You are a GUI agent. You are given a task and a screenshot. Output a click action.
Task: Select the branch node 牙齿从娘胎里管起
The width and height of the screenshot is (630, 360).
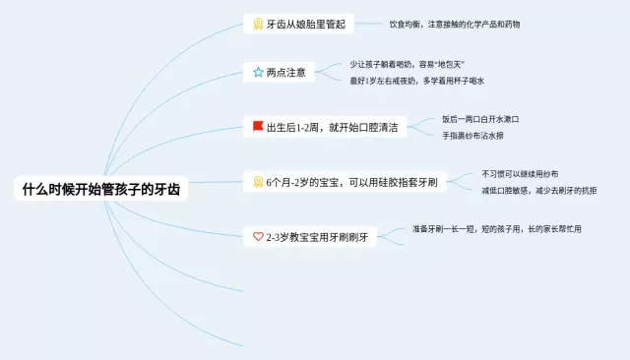(x=306, y=24)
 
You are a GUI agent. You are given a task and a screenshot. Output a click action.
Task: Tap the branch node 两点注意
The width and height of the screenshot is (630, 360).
(x=285, y=73)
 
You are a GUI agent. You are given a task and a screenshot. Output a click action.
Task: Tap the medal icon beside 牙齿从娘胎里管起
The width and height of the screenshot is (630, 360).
(x=258, y=24)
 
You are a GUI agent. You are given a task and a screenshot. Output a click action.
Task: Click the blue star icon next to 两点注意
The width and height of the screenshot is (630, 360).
(x=258, y=73)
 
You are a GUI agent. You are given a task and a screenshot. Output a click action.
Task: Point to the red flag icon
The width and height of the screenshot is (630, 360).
(x=258, y=127)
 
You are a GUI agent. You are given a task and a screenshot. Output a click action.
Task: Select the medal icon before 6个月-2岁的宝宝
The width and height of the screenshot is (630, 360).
(x=258, y=182)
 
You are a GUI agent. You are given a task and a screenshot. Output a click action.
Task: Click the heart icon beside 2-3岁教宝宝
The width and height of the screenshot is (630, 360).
(x=258, y=237)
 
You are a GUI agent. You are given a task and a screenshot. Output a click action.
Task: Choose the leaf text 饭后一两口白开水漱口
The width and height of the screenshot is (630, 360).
(x=479, y=119)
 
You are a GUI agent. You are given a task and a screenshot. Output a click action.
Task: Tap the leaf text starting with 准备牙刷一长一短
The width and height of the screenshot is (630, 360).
(x=496, y=229)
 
